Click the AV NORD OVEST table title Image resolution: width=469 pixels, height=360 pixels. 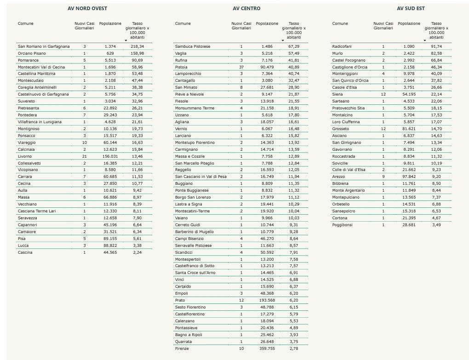click(87, 8)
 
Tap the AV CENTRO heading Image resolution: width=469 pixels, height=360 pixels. click(246, 8)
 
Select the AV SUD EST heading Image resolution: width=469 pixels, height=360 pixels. click(411, 8)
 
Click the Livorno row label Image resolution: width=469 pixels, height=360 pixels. click(25, 156)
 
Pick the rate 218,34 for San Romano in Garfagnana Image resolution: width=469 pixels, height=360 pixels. click(137, 46)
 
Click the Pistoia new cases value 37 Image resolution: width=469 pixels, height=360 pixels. click(241, 67)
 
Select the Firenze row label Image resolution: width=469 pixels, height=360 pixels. click(182, 349)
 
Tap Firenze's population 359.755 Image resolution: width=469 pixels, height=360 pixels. click(267, 349)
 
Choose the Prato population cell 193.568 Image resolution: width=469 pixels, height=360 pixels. click(267, 300)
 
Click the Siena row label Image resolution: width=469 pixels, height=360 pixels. click(337, 94)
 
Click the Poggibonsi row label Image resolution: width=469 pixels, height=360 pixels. click(342, 225)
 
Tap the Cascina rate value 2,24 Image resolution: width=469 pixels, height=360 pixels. click(137, 252)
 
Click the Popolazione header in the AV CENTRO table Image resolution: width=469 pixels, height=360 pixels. click(267, 23)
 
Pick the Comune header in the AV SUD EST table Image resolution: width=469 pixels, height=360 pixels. click(340, 23)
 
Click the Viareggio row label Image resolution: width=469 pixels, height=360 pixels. click(27, 143)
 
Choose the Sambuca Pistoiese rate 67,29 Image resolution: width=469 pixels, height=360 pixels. click(294, 46)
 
